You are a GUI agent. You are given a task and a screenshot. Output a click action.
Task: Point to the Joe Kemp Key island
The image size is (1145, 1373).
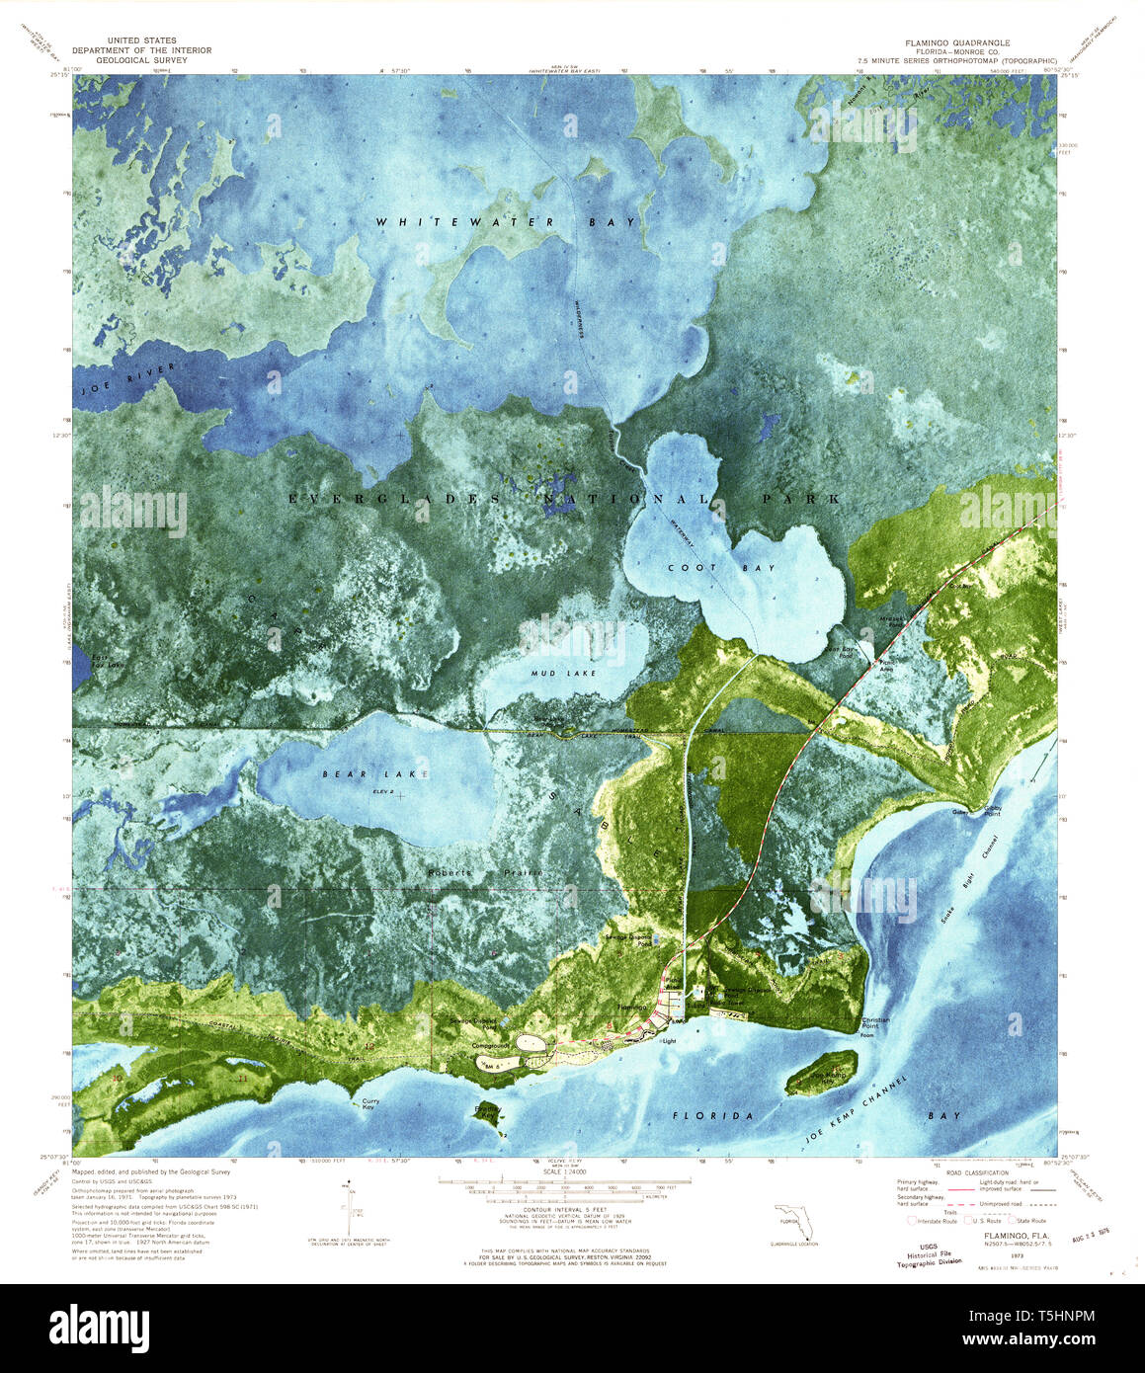coord(821,1072)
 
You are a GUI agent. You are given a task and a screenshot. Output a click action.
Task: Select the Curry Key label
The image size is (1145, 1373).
coord(370,1104)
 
